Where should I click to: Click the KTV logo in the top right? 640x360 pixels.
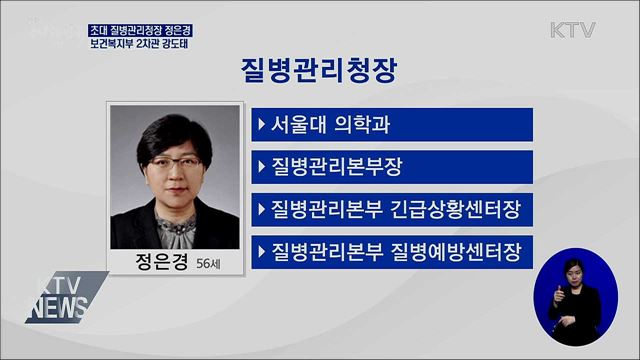tap(573, 29)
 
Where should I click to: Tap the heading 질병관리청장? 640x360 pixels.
tap(319, 70)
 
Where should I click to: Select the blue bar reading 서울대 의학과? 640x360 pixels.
tap(391, 126)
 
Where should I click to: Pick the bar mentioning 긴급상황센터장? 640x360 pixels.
tap(391, 208)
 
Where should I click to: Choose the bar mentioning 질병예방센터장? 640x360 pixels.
tap(391, 250)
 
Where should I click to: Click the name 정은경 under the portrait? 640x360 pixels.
tap(157, 263)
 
